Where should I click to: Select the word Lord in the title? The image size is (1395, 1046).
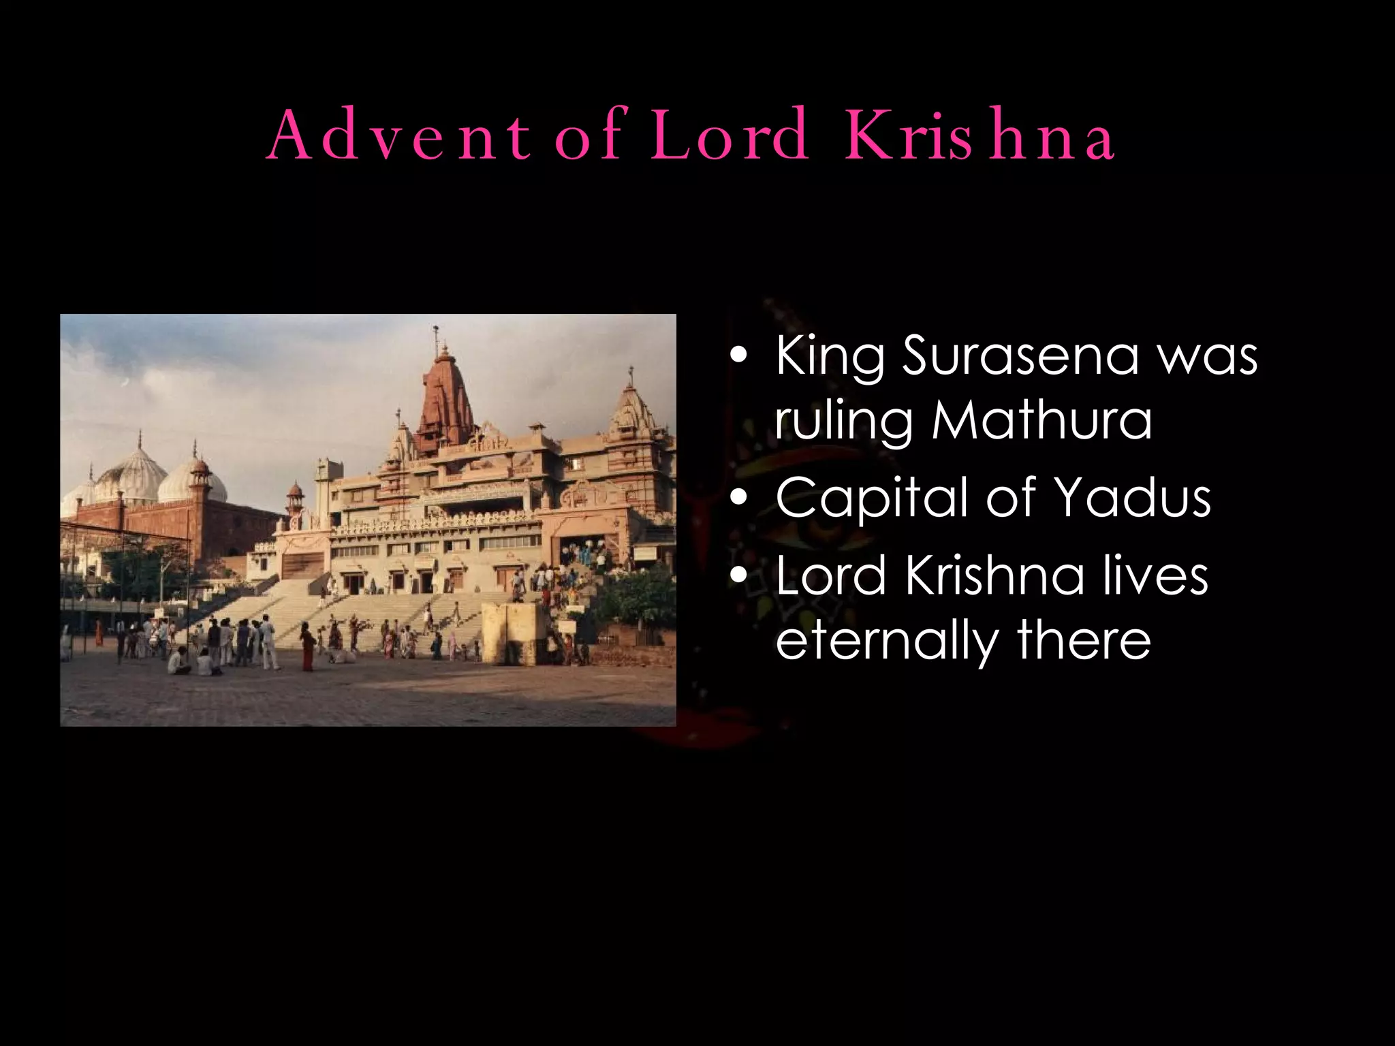pyautogui.click(x=729, y=136)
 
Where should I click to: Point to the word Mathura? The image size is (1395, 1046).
pyautogui.click(x=1042, y=420)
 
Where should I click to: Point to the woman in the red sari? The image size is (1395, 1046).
pyautogui.click(x=308, y=647)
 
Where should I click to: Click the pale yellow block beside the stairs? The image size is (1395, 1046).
pyautogui.click(x=512, y=633)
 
